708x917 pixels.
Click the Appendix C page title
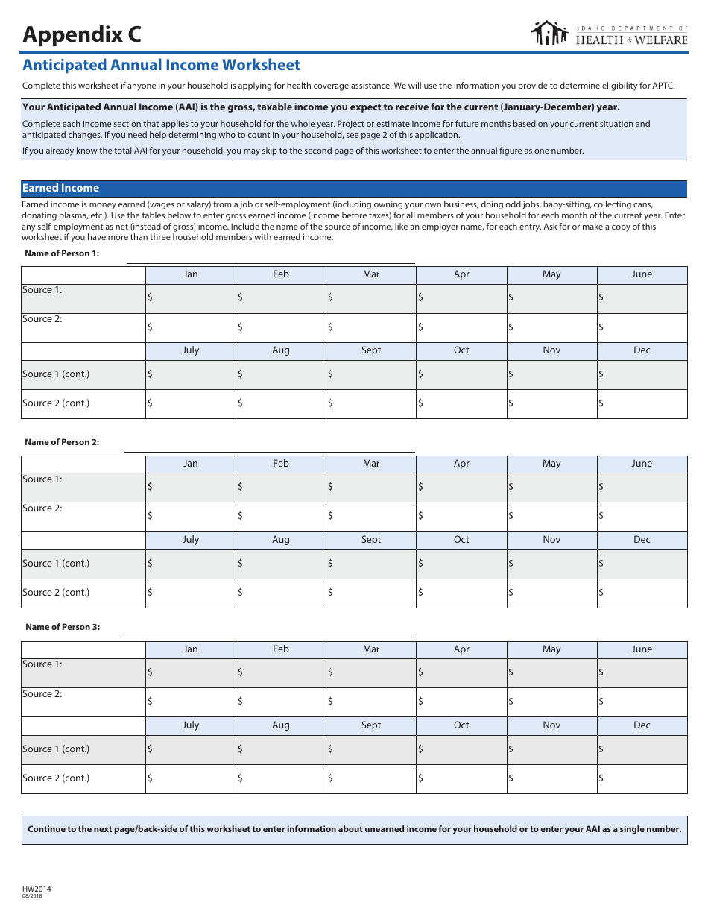[81, 34]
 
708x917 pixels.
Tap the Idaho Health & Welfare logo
[608, 34]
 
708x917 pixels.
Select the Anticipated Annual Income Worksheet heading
[161, 66]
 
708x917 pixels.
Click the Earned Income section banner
[354, 189]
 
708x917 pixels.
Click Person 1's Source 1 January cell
[191, 298]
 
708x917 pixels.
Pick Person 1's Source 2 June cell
[642, 327]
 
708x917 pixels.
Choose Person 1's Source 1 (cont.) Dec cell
[642, 374]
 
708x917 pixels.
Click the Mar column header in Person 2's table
[371, 464]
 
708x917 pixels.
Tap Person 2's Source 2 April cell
[461, 516]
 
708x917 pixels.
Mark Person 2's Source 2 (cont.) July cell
[191, 593]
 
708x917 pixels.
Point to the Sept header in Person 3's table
[371, 725]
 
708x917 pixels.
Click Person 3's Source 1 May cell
[551, 672]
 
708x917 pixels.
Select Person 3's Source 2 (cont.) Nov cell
[551, 778]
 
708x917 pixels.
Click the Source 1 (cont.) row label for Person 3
[56, 749]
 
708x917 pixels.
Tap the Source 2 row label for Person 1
[42, 319]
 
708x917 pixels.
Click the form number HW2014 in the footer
[37, 889]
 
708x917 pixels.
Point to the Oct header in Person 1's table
[461, 350]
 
